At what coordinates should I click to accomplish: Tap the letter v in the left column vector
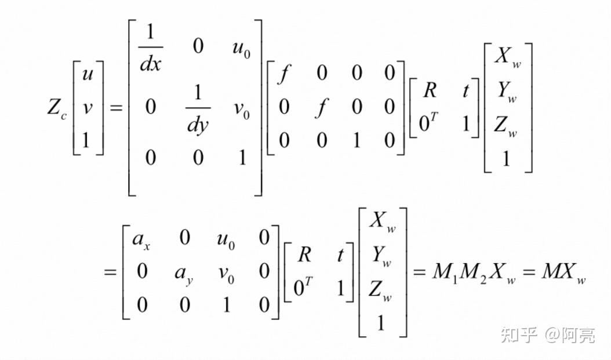(x=88, y=108)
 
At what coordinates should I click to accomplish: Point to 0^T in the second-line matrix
(x=303, y=288)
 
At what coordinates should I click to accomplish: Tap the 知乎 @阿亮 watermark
(x=547, y=334)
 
